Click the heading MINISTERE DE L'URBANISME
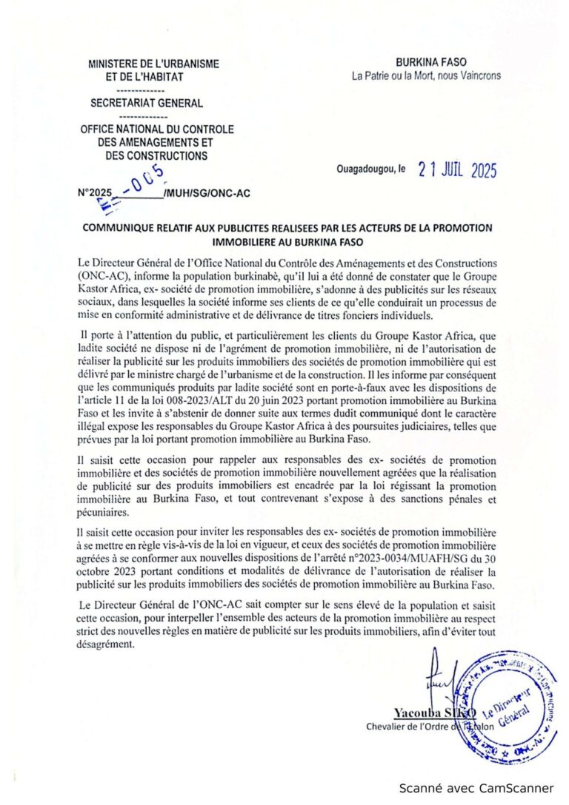[x=153, y=64]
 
